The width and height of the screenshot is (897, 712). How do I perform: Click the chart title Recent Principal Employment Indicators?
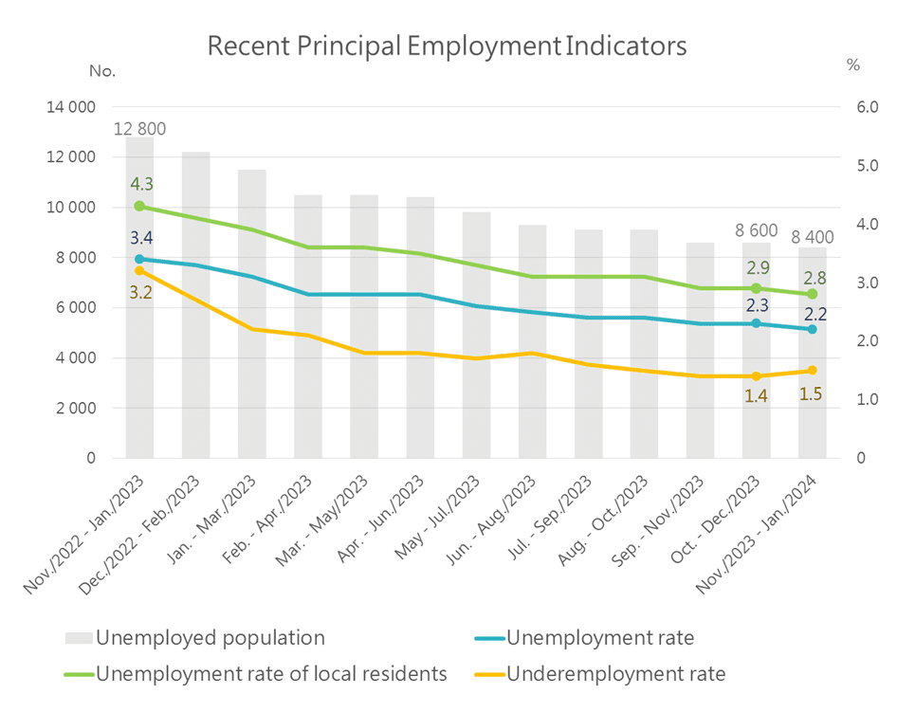pos(447,46)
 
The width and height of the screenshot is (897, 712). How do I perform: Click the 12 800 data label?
pos(140,129)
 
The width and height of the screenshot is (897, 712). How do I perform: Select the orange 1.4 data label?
pos(756,396)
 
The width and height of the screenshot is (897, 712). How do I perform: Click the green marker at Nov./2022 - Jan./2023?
pos(139,206)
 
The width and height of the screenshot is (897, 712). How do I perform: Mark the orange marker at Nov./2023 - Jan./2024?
pos(813,371)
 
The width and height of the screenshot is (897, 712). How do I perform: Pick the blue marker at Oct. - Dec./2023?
pos(757,323)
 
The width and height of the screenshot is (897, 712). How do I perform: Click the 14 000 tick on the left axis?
pos(71,107)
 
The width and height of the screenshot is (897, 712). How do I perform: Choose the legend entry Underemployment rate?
pos(616,675)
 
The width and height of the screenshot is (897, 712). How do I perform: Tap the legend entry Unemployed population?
pos(210,637)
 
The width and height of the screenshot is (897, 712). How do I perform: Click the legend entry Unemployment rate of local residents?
pos(271,675)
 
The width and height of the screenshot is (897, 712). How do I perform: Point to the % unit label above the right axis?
pos(852,66)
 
